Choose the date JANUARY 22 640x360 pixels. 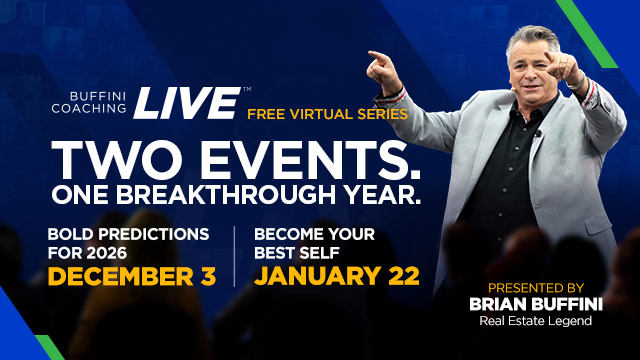point(335,274)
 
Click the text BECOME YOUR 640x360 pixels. point(309,234)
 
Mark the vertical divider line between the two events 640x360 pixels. point(234,255)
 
